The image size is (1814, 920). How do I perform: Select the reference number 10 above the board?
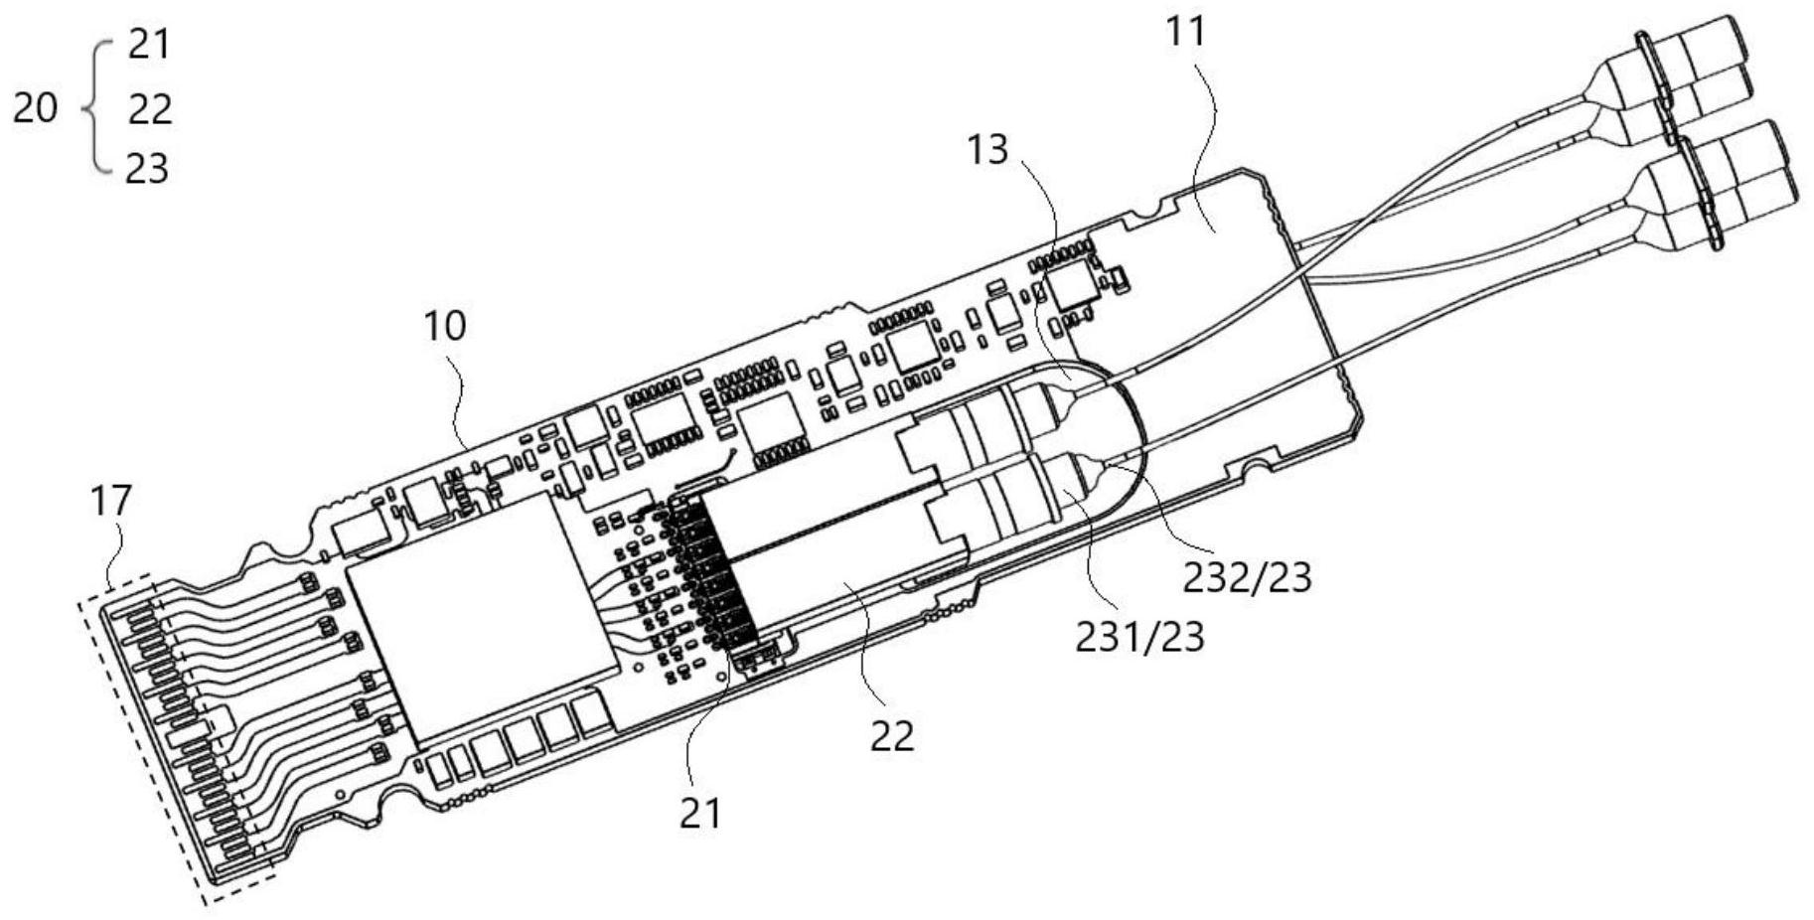pos(444,325)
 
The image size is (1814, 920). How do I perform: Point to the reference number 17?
pos(110,501)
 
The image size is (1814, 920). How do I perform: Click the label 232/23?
pos(1247,576)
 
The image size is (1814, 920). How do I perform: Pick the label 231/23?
pos(1139,637)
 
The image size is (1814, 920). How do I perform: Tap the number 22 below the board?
pos(891,736)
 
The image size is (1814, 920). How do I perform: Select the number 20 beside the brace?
pos(36,107)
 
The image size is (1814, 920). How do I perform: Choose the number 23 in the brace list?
pos(148,169)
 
